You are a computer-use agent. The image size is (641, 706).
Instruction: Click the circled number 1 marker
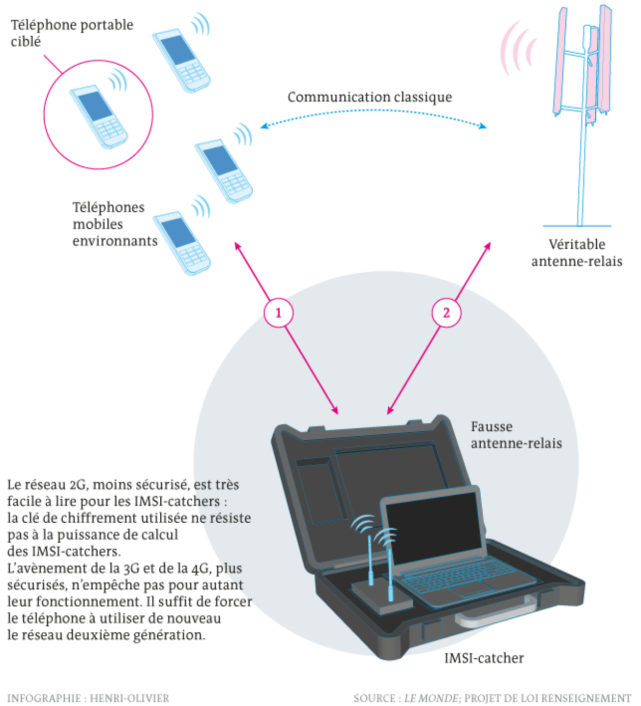278,313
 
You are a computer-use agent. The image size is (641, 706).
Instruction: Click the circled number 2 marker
446,313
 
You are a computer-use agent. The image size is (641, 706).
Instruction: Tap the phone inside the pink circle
99,117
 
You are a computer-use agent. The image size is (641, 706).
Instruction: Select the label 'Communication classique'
369,97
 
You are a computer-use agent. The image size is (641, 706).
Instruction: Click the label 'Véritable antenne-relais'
577,253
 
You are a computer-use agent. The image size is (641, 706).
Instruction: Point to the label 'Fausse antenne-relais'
516,435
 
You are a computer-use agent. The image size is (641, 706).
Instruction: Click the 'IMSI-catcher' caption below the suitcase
484,658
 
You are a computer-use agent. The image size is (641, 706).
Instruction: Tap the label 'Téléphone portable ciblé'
72,33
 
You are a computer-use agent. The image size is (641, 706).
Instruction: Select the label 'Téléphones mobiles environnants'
114,224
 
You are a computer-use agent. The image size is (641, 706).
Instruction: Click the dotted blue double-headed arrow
373,113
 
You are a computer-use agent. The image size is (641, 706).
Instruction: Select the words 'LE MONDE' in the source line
430,698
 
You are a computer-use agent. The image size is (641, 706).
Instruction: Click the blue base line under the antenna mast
576,225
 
